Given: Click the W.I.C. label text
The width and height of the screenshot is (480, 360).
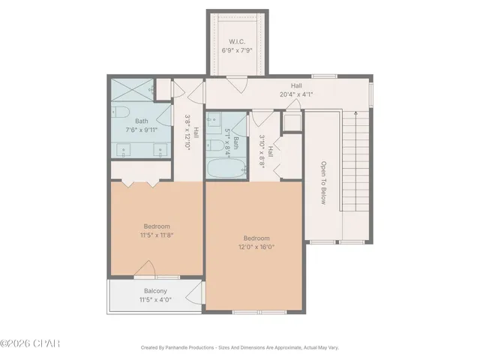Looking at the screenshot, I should point(236,42).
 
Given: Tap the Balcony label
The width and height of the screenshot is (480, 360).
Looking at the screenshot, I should point(155,291).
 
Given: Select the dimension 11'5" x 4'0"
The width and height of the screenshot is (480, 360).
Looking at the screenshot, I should point(155,300).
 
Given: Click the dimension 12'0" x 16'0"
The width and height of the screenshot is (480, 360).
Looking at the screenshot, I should point(256,247).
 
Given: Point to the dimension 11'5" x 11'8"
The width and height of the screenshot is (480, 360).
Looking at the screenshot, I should point(157,235).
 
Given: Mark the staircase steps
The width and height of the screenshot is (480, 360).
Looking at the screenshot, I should point(355,161).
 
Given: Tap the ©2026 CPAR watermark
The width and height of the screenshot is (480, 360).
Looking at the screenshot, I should point(30,343).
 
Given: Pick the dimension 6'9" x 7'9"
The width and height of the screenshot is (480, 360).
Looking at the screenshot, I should point(236,51).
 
